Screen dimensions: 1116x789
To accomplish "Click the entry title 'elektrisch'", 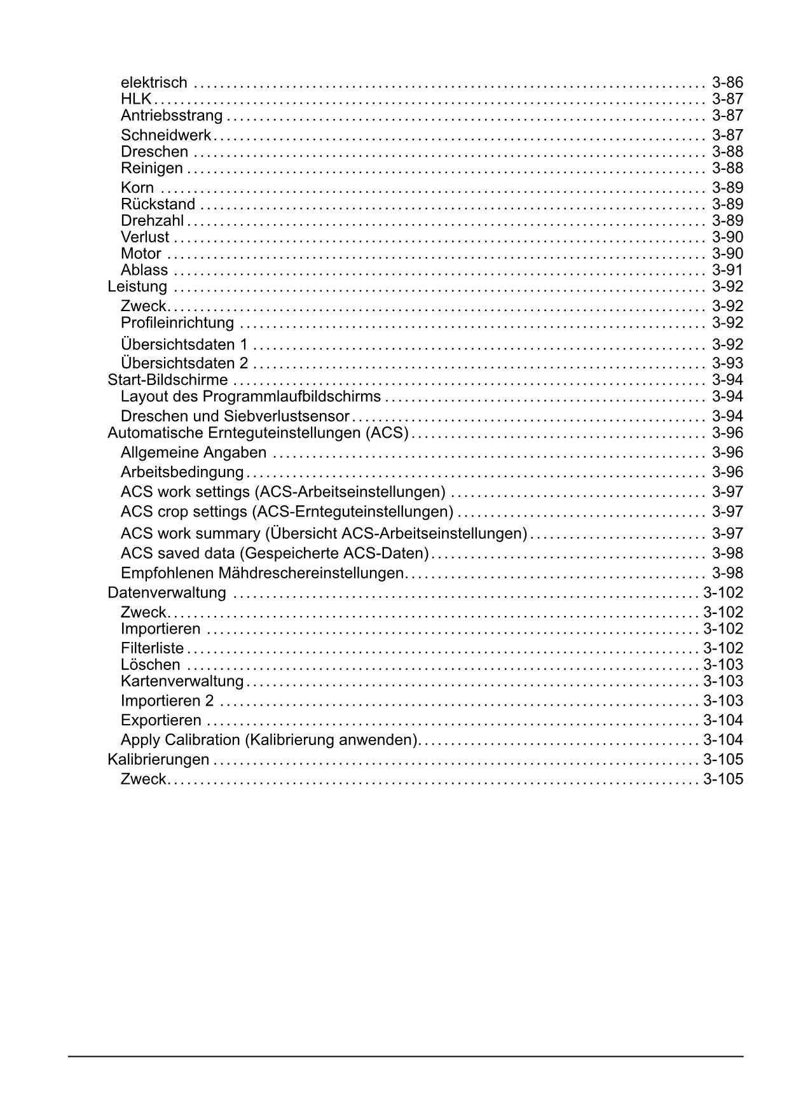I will [x=154, y=82].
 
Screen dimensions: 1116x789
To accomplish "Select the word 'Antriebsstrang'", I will [x=172, y=115].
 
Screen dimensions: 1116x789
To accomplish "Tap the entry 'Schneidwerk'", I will [x=166, y=135].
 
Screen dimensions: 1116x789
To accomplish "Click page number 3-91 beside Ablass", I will [x=727, y=270].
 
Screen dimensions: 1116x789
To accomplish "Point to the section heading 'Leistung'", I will [x=137, y=286].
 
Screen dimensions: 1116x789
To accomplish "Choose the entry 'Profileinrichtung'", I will [x=177, y=323].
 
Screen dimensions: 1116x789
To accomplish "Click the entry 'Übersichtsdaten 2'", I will [x=184, y=363].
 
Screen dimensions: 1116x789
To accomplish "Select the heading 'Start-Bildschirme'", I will [x=168, y=380].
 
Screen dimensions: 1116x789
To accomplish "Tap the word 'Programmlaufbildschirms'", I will [x=292, y=396].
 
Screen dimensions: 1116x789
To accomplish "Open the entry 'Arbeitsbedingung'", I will [x=182, y=472].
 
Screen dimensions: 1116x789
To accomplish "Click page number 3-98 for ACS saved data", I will [x=727, y=553].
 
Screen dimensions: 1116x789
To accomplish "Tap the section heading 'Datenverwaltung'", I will [x=167, y=592].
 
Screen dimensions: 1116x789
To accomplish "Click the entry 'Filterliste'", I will [x=152, y=648].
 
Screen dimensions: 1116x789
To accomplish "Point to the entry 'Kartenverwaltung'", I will [x=182, y=681].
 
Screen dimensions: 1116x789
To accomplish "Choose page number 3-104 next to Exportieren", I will [x=723, y=720].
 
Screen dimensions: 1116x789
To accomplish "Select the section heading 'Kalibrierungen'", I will [x=158, y=759].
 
